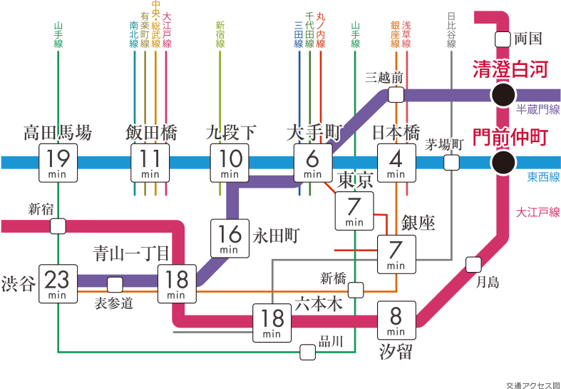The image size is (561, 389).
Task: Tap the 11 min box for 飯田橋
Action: (x=150, y=163)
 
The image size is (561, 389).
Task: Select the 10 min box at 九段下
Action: (x=230, y=163)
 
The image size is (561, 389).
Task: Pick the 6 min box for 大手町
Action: (x=312, y=163)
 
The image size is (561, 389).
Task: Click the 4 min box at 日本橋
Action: (x=396, y=163)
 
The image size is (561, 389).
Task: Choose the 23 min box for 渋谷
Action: (x=58, y=283)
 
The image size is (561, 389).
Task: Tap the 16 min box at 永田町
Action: (x=230, y=238)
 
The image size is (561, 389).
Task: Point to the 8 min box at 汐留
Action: (x=396, y=320)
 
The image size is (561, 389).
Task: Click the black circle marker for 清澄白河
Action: (x=504, y=94)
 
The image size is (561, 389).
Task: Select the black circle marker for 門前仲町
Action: (x=504, y=163)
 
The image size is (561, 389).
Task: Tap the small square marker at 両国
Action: (x=503, y=39)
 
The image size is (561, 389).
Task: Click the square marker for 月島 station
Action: (x=473, y=265)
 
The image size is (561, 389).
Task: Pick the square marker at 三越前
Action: (x=396, y=94)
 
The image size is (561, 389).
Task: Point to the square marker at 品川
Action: (x=307, y=352)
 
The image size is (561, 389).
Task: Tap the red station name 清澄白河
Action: (x=510, y=70)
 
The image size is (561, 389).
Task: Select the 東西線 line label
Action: (x=543, y=177)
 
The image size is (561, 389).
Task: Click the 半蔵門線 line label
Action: (x=537, y=108)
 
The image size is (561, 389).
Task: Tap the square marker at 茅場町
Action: (x=451, y=163)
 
